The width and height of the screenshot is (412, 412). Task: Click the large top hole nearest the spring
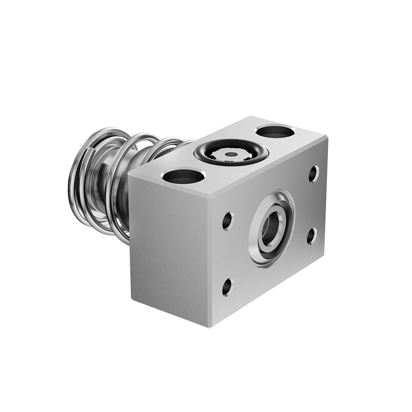pos(183,176)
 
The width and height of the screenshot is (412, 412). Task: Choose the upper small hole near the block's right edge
pos(314,173)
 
